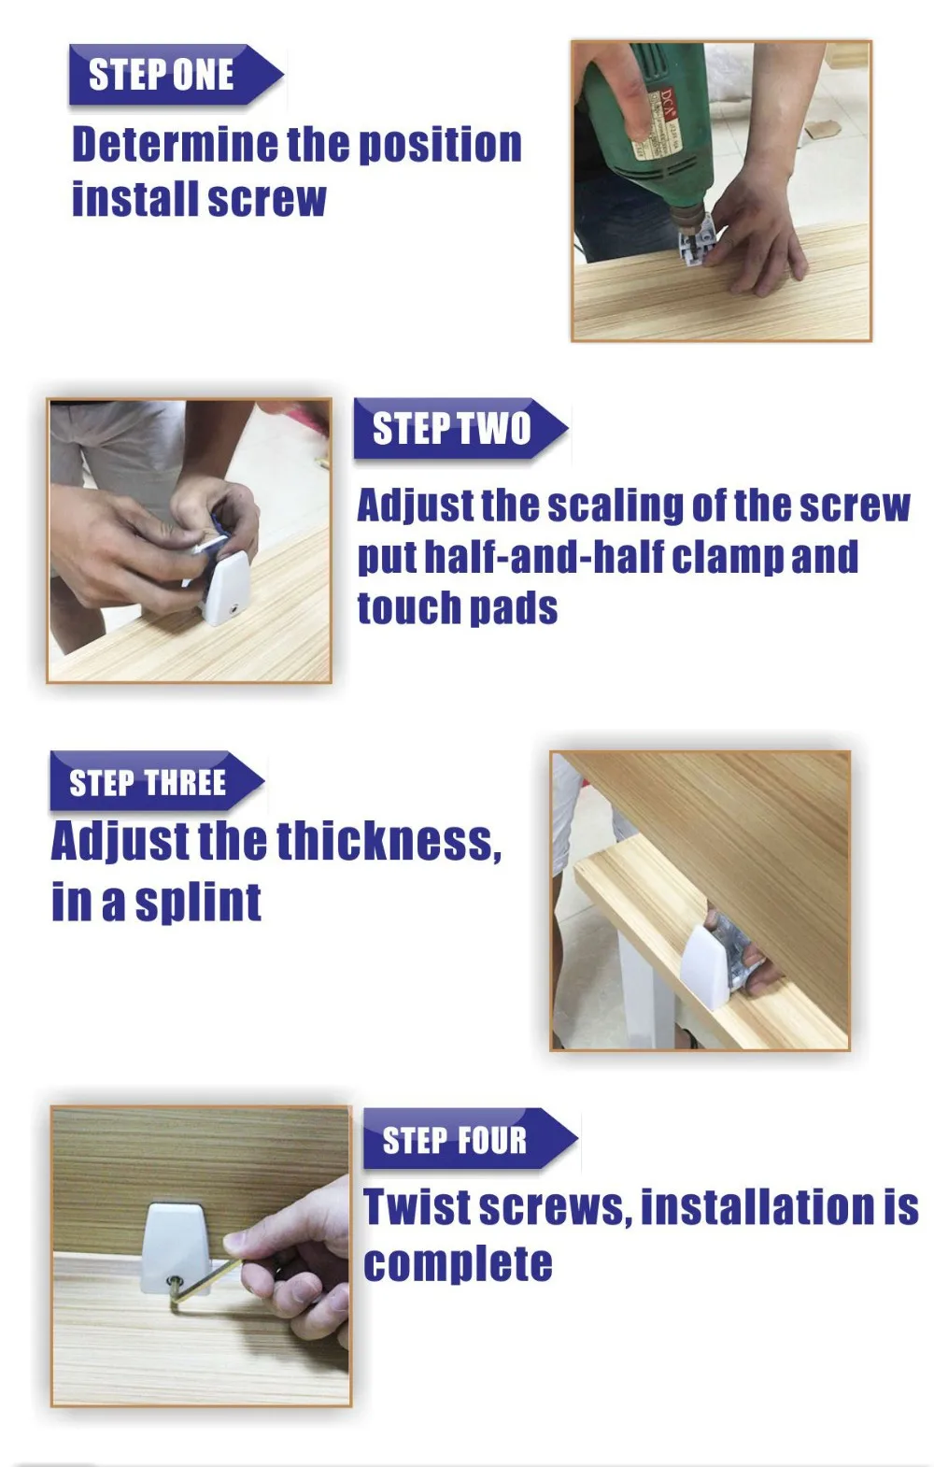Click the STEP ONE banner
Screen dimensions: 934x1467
coord(176,74)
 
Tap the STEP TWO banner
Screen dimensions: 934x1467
coord(460,428)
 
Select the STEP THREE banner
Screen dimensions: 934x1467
coord(156,780)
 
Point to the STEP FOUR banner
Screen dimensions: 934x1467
coord(470,1139)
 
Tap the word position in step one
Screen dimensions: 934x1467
coord(441,146)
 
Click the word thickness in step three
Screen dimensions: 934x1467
coord(389,841)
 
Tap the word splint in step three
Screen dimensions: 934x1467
coord(198,904)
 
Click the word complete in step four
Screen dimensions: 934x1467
coord(459,1264)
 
